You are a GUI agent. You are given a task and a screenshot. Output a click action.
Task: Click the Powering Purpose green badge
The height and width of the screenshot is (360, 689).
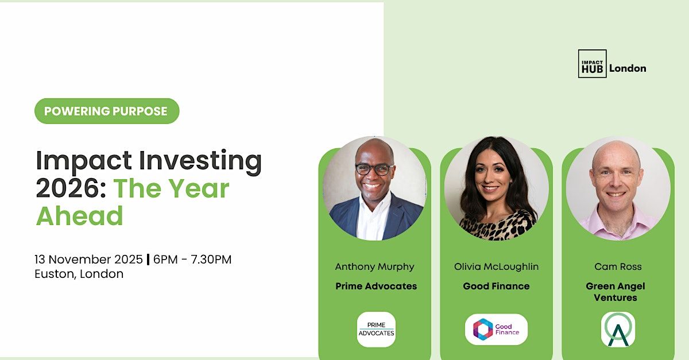tap(107, 111)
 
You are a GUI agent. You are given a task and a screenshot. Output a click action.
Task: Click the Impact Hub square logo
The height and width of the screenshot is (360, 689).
tap(592, 64)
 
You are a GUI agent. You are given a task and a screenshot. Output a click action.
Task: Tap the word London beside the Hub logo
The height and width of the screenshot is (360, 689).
tap(628, 68)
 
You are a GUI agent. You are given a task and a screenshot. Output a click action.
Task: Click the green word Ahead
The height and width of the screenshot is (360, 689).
tap(80, 216)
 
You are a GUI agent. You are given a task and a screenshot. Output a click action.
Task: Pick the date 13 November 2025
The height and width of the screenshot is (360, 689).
tap(88, 260)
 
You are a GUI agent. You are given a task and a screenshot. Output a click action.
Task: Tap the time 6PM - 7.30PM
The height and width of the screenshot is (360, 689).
tap(192, 260)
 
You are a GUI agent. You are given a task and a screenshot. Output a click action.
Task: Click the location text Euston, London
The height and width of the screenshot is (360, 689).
tap(79, 274)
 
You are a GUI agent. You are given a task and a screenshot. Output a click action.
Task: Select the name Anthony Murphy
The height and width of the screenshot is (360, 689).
tap(374, 267)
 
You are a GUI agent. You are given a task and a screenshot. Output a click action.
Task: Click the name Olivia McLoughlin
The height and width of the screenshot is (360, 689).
tap(496, 266)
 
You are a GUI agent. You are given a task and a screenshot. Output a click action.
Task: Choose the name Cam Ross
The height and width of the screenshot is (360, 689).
tap(618, 266)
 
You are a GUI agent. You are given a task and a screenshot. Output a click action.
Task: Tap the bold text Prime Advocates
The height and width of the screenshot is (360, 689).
tap(376, 286)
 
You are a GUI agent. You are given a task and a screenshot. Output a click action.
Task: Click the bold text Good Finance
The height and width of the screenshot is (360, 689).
tap(496, 286)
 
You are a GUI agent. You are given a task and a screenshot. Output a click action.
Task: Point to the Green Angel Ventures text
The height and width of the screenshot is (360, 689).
tap(616, 292)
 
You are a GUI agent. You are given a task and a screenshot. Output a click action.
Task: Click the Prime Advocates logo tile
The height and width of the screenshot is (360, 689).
tap(376, 329)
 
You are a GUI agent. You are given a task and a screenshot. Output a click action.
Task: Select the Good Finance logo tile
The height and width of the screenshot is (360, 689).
tap(496, 329)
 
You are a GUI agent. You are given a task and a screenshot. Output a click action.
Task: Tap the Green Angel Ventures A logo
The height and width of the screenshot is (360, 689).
tap(618, 329)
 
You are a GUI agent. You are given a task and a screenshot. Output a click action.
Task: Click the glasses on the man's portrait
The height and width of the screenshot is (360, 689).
tap(374, 169)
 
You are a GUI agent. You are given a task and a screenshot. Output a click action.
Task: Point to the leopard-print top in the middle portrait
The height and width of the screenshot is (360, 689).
tap(497, 225)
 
